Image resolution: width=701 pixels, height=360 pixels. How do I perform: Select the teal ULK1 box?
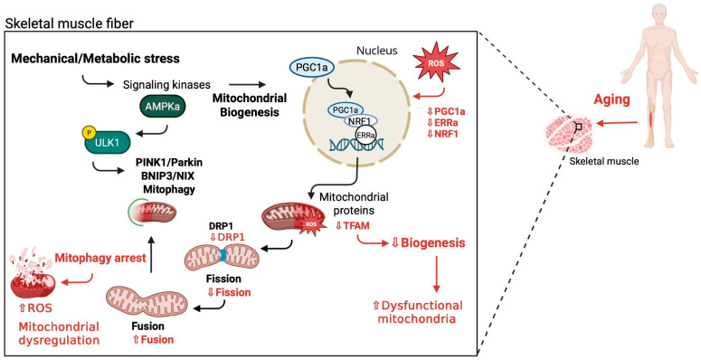[108, 141]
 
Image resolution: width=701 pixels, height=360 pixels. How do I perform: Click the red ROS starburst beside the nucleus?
[436, 63]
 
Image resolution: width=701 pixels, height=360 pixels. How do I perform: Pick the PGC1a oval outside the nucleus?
[308, 67]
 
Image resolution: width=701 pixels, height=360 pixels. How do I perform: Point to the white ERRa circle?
[365, 136]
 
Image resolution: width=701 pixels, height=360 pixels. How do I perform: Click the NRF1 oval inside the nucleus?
[360, 120]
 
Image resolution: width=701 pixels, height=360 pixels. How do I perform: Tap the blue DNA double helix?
[356, 145]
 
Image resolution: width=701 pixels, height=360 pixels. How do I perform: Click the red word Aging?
[611, 99]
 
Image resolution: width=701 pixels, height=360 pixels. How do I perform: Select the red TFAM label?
[353, 225]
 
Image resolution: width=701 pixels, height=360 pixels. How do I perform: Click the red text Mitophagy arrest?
[100, 258]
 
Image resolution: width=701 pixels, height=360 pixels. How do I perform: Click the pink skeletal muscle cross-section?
[569, 134]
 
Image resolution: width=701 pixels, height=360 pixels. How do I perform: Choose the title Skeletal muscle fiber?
[70, 24]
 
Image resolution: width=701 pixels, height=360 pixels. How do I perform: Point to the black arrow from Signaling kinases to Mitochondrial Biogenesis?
[247, 84]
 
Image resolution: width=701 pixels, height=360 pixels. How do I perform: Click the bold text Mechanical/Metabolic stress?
[96, 58]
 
